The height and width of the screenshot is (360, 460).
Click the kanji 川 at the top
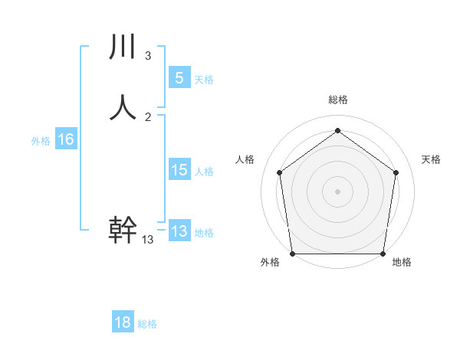tap(123, 47)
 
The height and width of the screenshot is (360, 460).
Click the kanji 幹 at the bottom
tap(123, 230)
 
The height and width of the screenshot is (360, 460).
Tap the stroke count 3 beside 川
tap(148, 56)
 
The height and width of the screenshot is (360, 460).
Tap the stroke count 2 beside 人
tap(148, 116)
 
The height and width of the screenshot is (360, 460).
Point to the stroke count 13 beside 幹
tap(148, 240)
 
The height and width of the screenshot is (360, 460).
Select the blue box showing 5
tap(179, 77)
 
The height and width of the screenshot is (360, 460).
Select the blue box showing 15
tap(179, 169)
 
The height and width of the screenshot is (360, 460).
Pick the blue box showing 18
tap(123, 322)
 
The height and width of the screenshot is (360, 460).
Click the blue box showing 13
tap(179, 231)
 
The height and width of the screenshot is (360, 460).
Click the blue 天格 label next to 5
tap(204, 80)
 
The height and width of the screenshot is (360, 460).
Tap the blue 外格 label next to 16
tap(41, 141)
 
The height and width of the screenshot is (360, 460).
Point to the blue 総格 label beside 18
tap(147, 325)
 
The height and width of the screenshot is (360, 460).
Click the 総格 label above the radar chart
tap(337, 100)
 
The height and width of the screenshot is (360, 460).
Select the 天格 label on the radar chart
tap(432, 159)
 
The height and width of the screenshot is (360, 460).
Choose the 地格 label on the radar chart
tap(402, 262)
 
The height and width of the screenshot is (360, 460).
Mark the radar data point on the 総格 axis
tap(337, 130)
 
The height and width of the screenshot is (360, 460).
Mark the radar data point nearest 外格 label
tap(292, 254)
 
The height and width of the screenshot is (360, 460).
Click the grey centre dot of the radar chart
tap(337, 191)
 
